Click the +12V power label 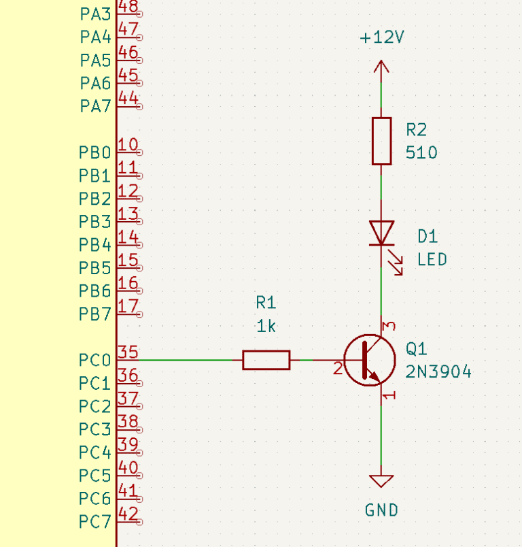click(x=382, y=37)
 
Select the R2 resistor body click(x=381, y=141)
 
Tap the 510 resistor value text click(x=421, y=152)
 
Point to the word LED click(x=432, y=259)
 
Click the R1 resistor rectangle click(x=266, y=360)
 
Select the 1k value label click(x=266, y=326)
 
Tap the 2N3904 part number click(x=438, y=371)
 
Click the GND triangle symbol click(x=381, y=481)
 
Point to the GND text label click(x=381, y=510)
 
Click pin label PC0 click(x=94, y=360)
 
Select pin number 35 click(x=128, y=352)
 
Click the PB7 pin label click(x=94, y=314)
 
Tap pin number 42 click(x=128, y=514)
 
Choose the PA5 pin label click(x=95, y=60)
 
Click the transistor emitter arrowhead click(x=375, y=376)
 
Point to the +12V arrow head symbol click(x=381, y=67)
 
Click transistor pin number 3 click(x=389, y=326)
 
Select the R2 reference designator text click(x=416, y=130)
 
